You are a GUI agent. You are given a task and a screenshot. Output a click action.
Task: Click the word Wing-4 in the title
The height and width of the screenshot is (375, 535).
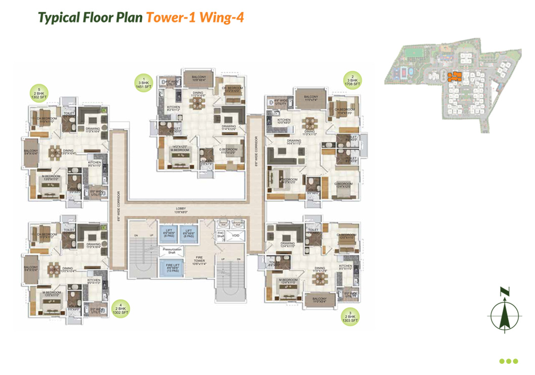[x=222, y=17]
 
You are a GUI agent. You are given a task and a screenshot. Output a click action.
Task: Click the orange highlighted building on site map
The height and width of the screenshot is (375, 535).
[x=454, y=76]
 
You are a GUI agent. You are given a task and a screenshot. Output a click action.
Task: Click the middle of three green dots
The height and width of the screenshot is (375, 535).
[x=509, y=361]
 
